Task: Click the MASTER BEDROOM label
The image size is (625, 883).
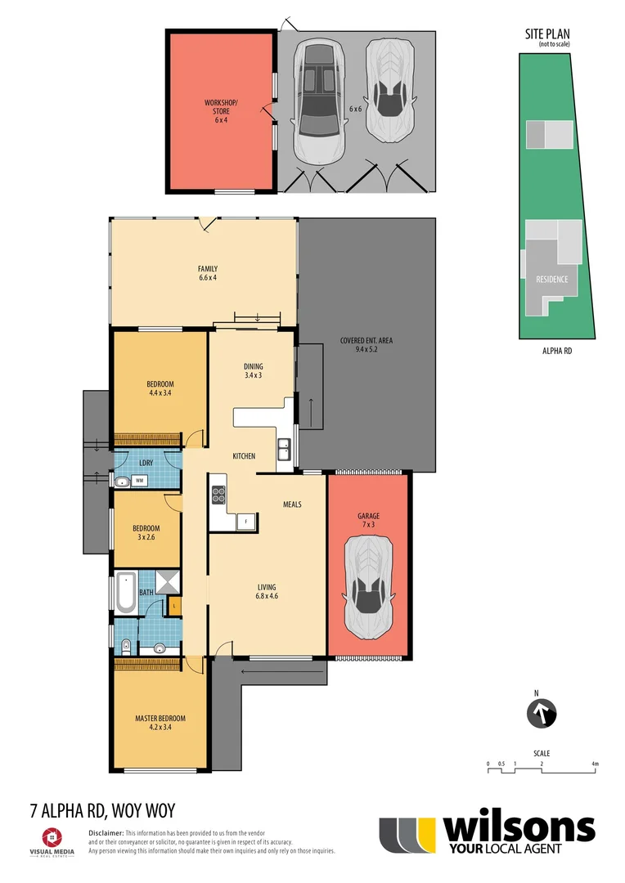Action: (x=160, y=724)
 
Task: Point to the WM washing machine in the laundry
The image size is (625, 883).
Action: (x=140, y=481)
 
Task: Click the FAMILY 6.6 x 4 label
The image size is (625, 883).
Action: (x=207, y=273)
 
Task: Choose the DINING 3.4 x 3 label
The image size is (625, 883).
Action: (x=253, y=370)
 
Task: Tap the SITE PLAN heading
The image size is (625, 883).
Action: (x=547, y=34)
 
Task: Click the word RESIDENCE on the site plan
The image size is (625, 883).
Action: (x=551, y=279)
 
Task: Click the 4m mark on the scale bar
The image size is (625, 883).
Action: (x=596, y=764)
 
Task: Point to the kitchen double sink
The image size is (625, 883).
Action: (x=283, y=448)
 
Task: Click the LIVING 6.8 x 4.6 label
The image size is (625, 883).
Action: (x=267, y=591)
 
